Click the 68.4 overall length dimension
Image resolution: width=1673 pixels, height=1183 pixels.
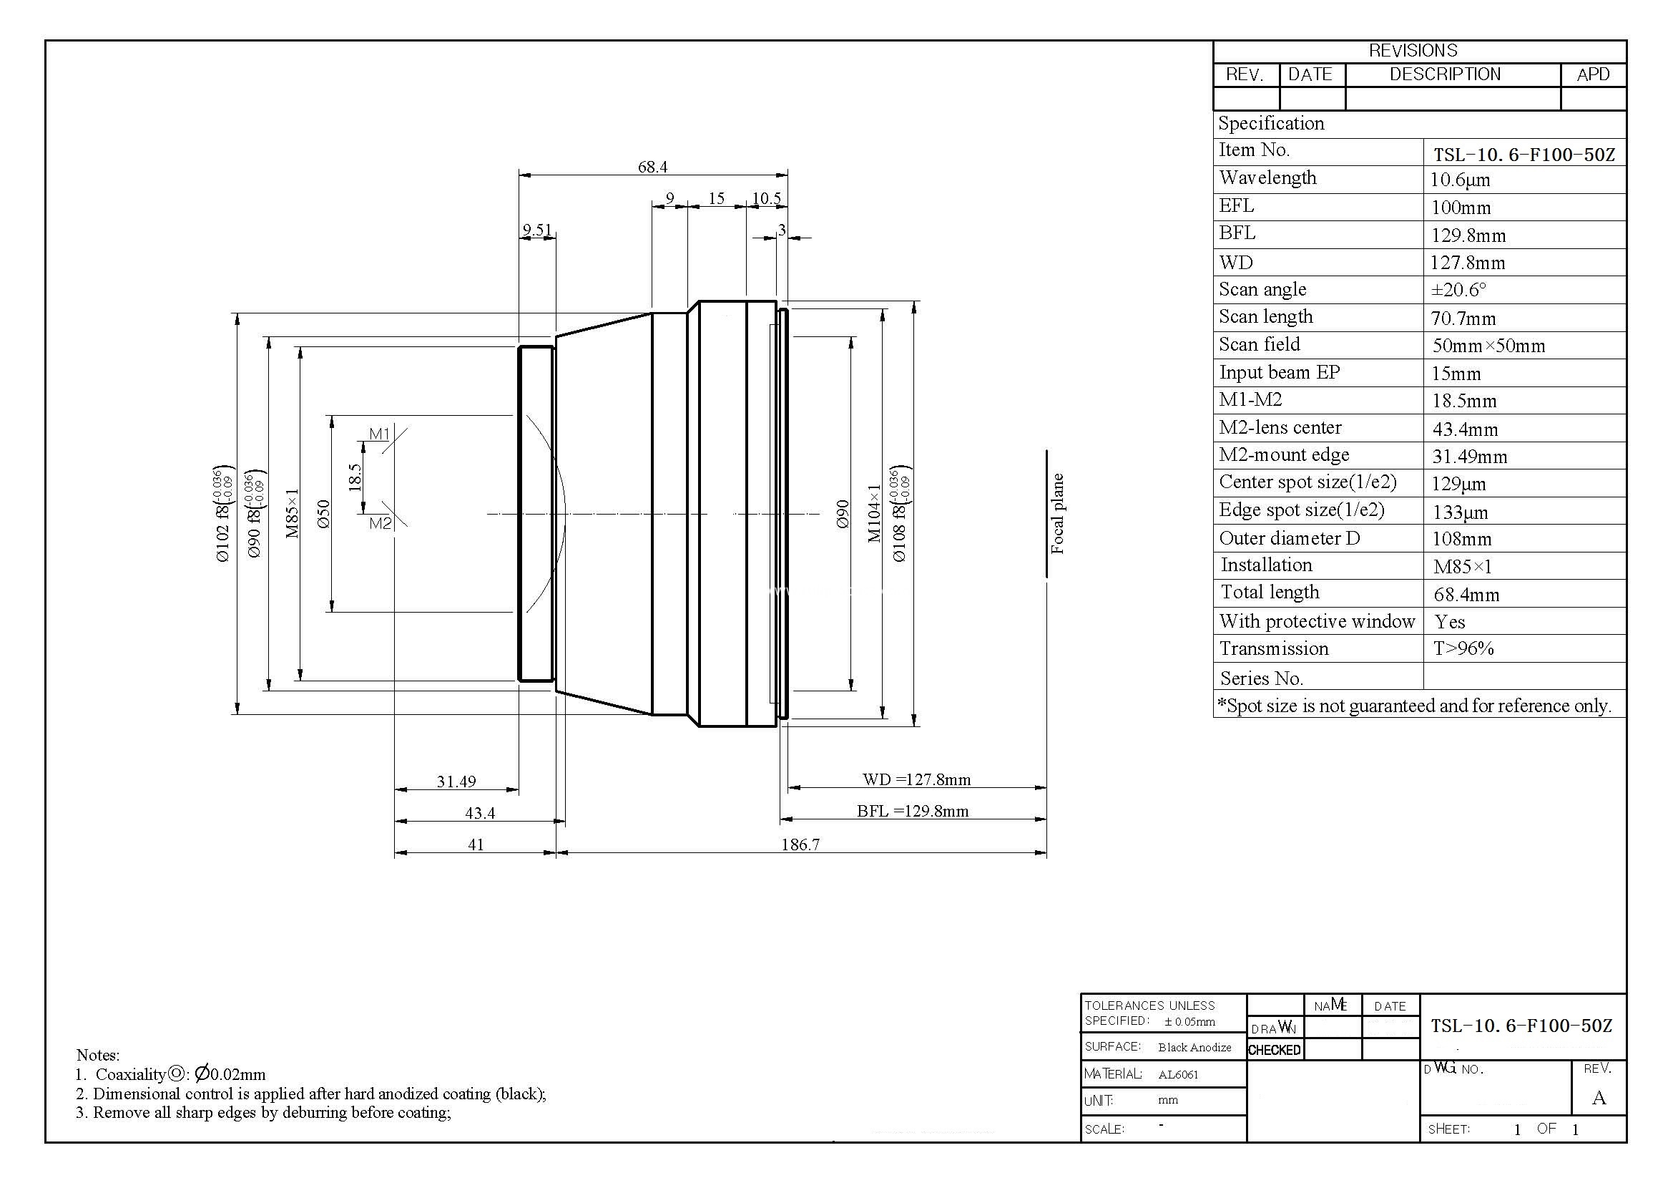(x=652, y=167)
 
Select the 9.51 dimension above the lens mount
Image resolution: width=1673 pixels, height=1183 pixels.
(x=537, y=230)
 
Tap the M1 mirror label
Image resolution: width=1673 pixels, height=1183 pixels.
(x=380, y=434)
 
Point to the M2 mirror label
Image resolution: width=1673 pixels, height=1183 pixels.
(x=381, y=522)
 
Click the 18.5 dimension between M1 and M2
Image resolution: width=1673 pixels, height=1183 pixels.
(x=355, y=477)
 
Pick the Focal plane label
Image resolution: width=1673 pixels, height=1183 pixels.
(x=1057, y=514)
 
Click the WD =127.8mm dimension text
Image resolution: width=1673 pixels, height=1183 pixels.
(x=917, y=779)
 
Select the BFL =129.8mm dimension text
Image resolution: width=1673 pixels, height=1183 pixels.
(x=912, y=811)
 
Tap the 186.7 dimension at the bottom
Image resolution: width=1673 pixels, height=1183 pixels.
(x=800, y=844)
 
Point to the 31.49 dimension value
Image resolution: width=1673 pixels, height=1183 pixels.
(x=456, y=782)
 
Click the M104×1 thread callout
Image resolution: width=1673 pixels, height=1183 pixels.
(x=874, y=514)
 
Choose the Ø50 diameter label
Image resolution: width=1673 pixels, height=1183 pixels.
(x=323, y=514)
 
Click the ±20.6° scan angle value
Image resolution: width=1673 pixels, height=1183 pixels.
(x=1458, y=289)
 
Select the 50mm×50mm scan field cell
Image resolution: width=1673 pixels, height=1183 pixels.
(x=1488, y=346)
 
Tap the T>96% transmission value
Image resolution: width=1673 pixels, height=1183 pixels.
(x=1463, y=648)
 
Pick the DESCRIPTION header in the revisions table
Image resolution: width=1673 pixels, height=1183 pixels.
(x=1445, y=74)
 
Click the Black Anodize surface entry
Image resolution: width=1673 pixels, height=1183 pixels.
(x=1194, y=1048)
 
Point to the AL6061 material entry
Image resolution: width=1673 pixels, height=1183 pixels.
(x=1178, y=1074)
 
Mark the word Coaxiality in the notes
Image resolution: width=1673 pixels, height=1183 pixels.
(x=131, y=1074)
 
